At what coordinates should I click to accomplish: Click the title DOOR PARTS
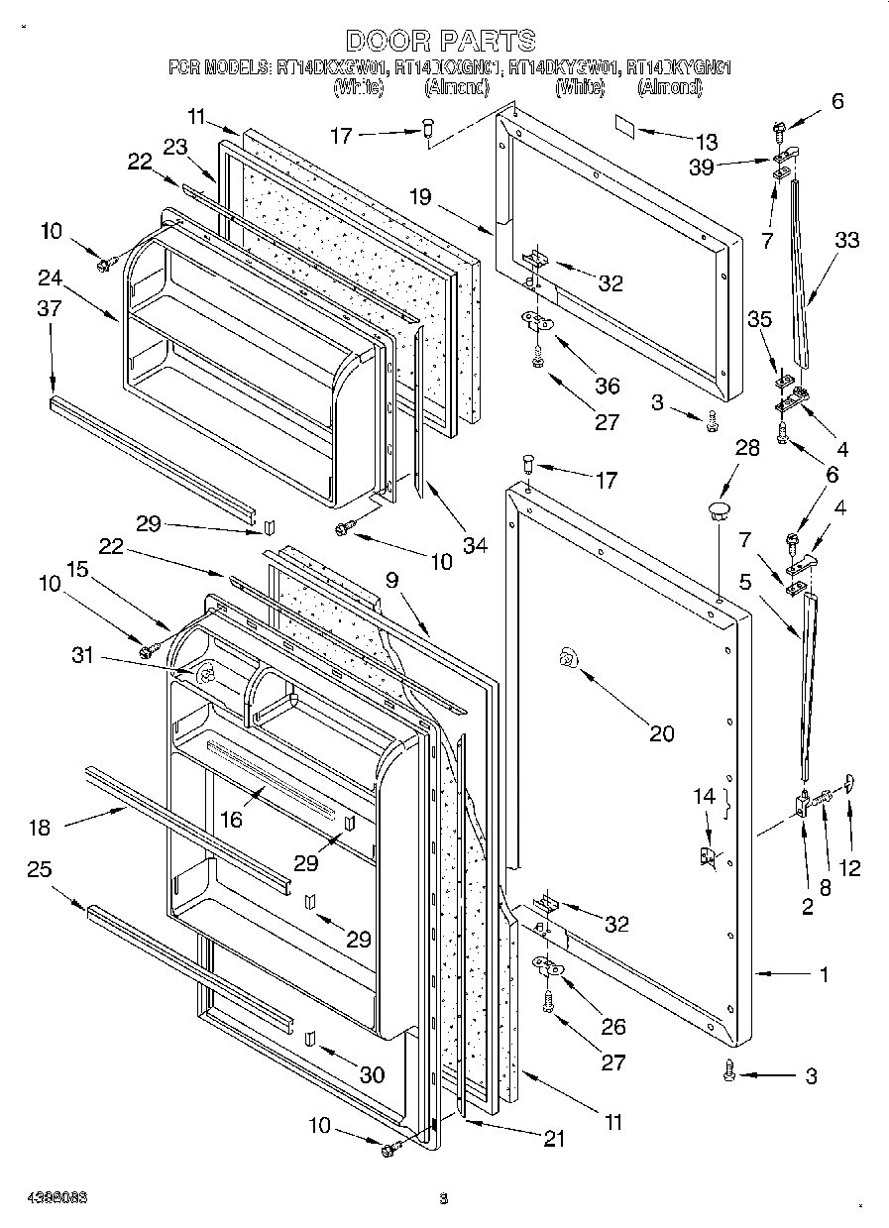pos(441,40)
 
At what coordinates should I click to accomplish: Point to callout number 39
pos(702,167)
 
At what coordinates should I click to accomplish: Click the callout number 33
pos(846,239)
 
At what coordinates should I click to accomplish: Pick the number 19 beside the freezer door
pos(420,196)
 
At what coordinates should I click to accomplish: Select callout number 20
pos(661,733)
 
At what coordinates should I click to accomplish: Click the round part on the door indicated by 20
pos(567,656)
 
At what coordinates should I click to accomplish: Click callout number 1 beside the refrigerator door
pos(824,974)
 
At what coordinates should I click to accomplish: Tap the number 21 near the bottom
pos(553,1139)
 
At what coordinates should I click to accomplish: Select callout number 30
pos(371,1074)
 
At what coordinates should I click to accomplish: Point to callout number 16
pos(231,819)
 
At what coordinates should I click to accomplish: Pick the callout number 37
pos(49,308)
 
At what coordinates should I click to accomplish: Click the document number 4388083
pos(45,1197)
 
